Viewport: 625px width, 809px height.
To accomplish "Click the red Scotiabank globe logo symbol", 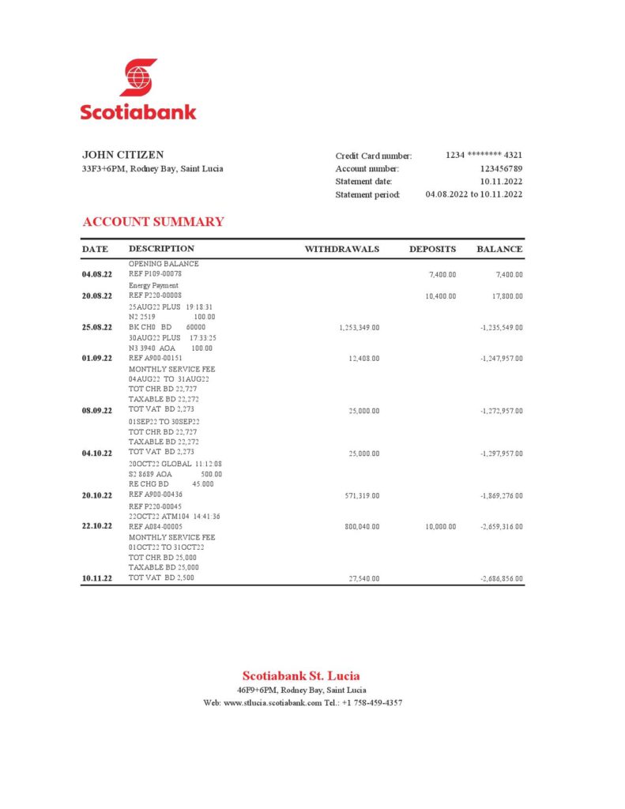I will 138,78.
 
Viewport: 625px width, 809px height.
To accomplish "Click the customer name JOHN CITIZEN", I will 123,155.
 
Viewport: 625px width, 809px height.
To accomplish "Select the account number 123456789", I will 501,169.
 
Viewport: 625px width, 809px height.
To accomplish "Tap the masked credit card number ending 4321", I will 484,156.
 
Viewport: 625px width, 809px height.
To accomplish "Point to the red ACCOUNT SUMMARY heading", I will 153,222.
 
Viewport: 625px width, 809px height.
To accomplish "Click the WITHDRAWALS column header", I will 342,249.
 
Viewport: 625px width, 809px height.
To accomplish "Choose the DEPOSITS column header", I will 432,249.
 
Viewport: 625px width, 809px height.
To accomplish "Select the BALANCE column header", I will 499,249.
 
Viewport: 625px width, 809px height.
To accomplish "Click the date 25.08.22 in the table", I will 97,327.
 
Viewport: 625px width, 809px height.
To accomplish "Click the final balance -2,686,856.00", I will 501,579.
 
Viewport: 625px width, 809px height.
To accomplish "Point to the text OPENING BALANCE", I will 164,264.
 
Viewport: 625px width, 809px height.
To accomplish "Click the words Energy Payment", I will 153,285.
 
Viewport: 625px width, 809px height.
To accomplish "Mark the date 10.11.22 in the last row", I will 97,579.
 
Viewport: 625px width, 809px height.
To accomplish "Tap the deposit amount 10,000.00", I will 440,526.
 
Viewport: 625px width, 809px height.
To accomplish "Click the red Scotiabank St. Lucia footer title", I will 301,675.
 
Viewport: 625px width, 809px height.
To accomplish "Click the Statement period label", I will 367,194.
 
